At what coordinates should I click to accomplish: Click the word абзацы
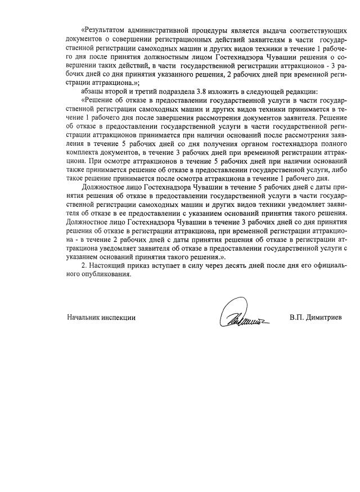93,92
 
